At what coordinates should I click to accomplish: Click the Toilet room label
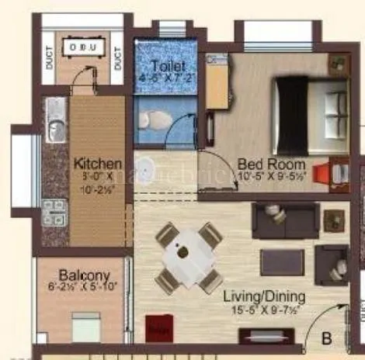coord(168,66)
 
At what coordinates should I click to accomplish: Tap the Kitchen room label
coord(98,164)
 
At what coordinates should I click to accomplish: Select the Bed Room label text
coord(271,164)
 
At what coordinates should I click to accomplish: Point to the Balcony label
coord(83,275)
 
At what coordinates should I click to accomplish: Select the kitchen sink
coord(56,128)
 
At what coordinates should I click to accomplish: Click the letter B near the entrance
coord(327,337)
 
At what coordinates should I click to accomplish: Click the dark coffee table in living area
coord(281,262)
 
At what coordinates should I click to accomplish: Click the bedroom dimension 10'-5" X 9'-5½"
coord(272,177)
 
